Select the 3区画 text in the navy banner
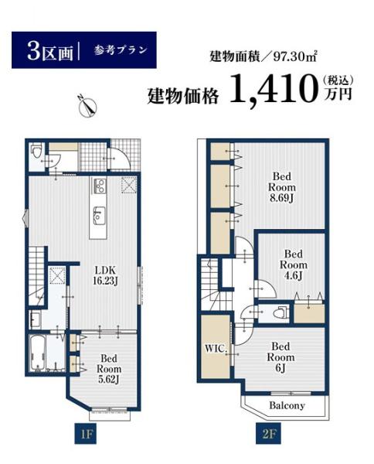49,52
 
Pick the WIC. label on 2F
216,349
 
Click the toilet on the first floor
36,156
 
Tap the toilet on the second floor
282,313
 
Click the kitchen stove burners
99,186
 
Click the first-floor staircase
36,270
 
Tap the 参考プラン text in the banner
118,51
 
